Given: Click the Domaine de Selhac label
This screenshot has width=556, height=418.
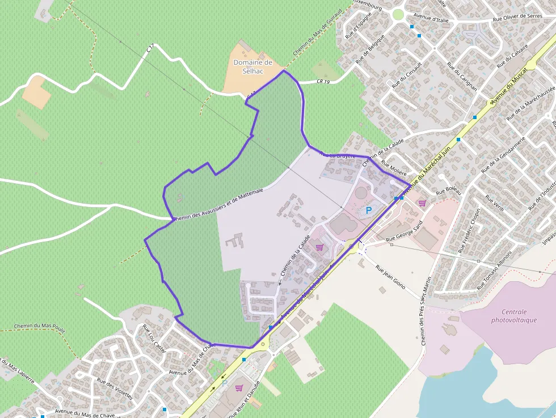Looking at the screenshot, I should (253, 66).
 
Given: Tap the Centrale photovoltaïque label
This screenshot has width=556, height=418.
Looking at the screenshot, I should (514, 316).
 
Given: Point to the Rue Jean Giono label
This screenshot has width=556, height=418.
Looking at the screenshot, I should (390, 277).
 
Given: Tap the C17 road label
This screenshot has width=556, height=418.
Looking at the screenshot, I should (150, 50).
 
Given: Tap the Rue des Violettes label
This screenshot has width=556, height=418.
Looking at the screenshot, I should (115, 389).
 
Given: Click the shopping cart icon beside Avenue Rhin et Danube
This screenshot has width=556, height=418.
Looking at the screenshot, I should (239, 388).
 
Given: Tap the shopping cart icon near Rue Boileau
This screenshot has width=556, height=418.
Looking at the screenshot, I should (422, 202).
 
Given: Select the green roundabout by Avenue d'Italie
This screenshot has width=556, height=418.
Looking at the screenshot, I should (398, 14).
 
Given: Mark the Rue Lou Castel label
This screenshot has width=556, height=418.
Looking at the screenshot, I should (153, 338).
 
